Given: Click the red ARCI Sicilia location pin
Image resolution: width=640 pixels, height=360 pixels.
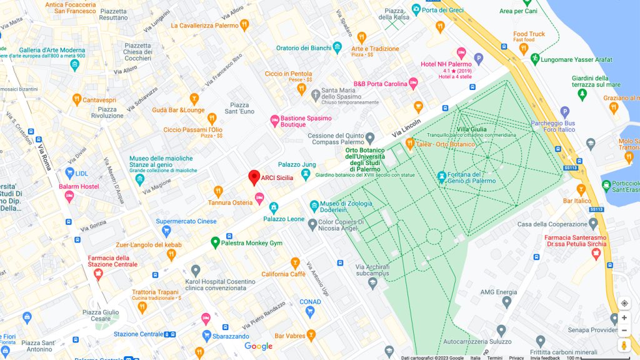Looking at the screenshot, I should point(254,177).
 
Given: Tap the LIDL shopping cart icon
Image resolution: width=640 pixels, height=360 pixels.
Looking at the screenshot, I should point(69,172).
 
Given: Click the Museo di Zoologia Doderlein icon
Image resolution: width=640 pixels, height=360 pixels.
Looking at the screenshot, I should point(314,205).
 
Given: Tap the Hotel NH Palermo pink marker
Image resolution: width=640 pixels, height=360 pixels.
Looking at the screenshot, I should point(461,53).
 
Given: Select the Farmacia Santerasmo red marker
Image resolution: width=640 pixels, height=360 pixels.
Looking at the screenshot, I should point(596,254).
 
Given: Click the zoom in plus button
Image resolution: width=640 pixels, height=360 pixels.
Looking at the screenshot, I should point(624,317).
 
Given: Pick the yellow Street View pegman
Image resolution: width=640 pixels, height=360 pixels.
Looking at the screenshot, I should point(624,346).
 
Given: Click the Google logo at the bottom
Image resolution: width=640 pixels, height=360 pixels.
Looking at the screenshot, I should point(258,346).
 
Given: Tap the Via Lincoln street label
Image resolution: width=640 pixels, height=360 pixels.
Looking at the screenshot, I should point(406,127).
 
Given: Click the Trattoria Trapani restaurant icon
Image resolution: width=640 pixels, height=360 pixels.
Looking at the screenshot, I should point(142,307).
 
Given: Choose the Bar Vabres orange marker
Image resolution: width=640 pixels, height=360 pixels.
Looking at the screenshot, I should point(311,336).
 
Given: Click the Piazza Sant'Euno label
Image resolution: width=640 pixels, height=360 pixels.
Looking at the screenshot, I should point(241,108).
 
